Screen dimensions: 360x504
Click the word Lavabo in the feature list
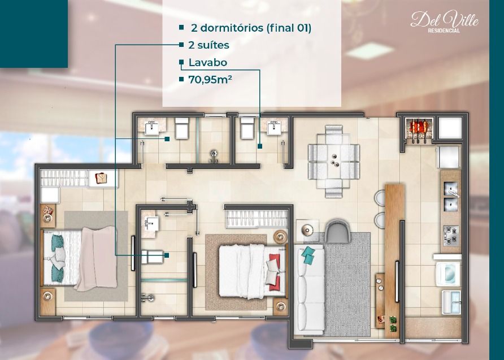coord(207,62)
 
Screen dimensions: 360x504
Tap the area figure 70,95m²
coord(211,80)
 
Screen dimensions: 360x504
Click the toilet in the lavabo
coord(247,129)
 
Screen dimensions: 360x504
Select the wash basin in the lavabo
coord(275,128)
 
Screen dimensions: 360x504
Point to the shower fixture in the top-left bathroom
coord(214,154)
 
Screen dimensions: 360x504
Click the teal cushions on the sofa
coord(308,255)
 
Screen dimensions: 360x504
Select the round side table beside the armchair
coord(308,229)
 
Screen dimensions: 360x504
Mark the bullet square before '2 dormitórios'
coord(181,27)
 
